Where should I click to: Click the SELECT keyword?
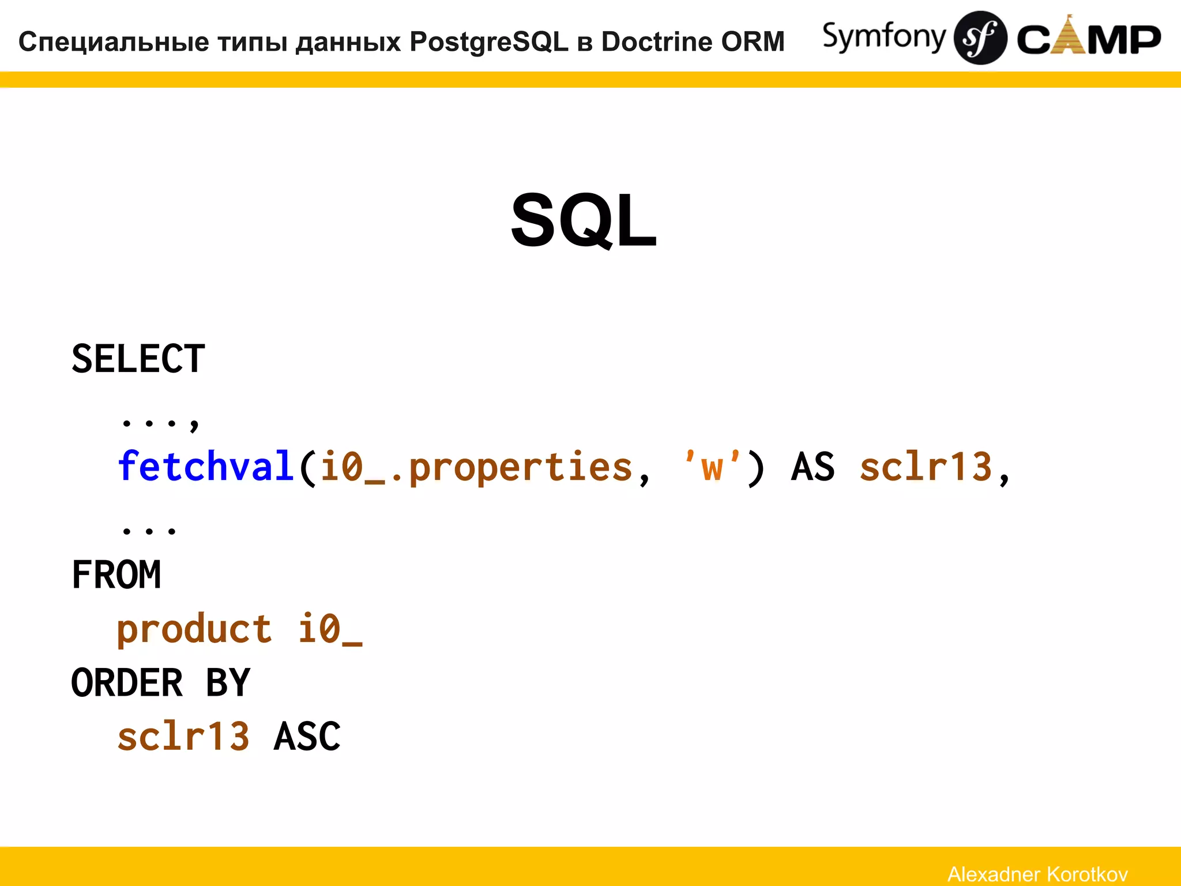click(138, 359)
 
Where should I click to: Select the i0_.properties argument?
click(476, 467)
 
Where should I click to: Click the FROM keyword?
click(116, 575)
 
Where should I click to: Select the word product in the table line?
click(194, 629)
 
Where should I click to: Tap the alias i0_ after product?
click(329, 629)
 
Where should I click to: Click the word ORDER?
click(127, 683)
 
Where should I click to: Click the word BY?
click(228, 683)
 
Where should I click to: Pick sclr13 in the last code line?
click(183, 737)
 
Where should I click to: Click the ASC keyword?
click(307, 737)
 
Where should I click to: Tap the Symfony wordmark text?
click(883, 37)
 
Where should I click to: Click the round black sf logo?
click(980, 38)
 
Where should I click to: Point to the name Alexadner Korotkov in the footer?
click(1037, 874)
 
